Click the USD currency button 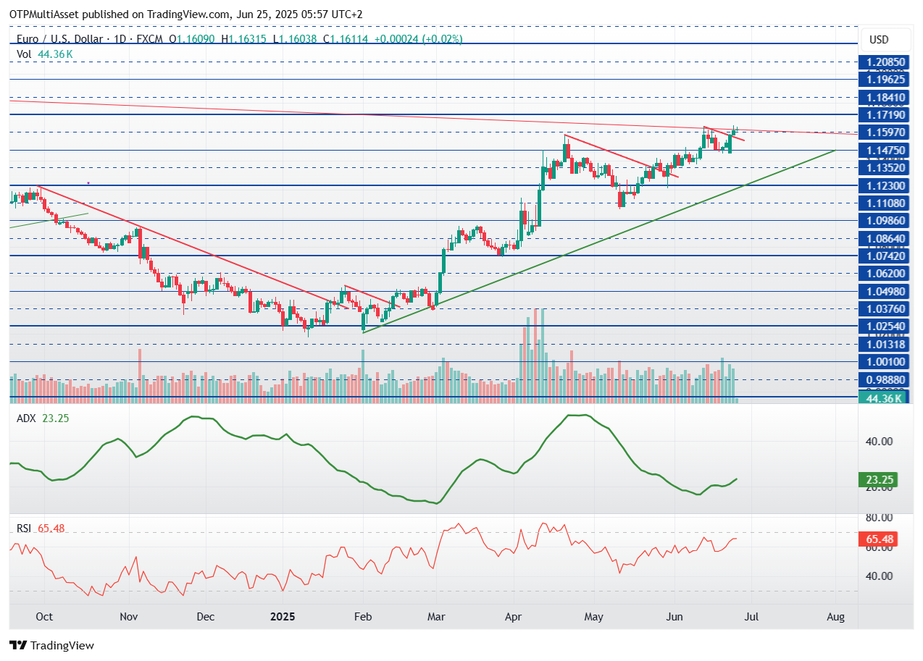pos(879,39)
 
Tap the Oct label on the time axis pos(44,617)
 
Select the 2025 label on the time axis pos(283,617)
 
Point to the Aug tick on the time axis pos(835,617)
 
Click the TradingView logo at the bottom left pos(52,645)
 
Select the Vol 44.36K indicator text pos(45,54)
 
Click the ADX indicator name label pos(26,418)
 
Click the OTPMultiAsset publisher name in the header pos(45,14)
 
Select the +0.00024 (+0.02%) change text pos(418,39)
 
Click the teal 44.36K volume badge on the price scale pos(879,397)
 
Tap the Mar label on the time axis pos(435,617)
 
